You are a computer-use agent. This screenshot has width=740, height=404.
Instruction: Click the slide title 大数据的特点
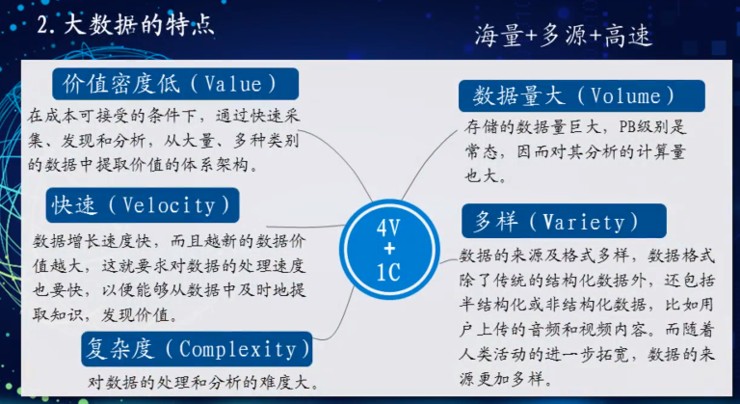click(139, 25)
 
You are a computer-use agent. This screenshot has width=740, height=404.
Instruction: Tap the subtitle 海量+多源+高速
click(564, 36)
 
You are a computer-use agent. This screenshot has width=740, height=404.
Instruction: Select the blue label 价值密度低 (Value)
click(175, 84)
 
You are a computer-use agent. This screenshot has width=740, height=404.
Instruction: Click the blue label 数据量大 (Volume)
click(581, 95)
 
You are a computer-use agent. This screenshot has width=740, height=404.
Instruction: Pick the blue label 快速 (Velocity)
click(143, 205)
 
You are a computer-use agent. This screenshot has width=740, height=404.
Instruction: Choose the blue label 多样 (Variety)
click(564, 221)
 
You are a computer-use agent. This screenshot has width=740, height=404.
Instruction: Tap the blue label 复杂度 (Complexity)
click(197, 349)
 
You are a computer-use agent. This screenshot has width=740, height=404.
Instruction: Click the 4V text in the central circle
click(388, 229)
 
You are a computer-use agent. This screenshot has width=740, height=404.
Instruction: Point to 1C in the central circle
click(388, 273)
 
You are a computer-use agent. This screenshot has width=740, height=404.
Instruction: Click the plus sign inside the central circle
click(389, 250)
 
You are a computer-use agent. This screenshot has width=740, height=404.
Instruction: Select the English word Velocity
click(169, 205)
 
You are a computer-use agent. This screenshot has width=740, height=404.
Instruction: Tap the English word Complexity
click(238, 350)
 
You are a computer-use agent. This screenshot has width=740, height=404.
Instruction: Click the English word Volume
click(625, 95)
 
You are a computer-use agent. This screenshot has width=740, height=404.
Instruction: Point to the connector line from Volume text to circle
click(427, 163)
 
